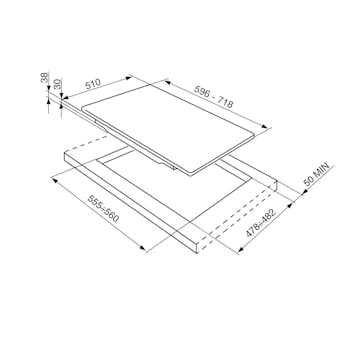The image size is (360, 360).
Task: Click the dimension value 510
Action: [93, 84]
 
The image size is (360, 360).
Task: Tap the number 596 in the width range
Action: [203, 92]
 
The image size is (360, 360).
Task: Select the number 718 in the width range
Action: [225, 102]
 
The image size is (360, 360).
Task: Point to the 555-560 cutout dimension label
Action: [103, 209]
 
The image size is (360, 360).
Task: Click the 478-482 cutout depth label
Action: [260, 223]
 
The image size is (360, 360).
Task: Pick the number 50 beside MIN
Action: [309, 183]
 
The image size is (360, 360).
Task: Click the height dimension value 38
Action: [44, 78]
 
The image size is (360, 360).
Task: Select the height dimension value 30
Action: [58, 84]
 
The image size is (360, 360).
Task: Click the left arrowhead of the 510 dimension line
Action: [65, 98]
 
